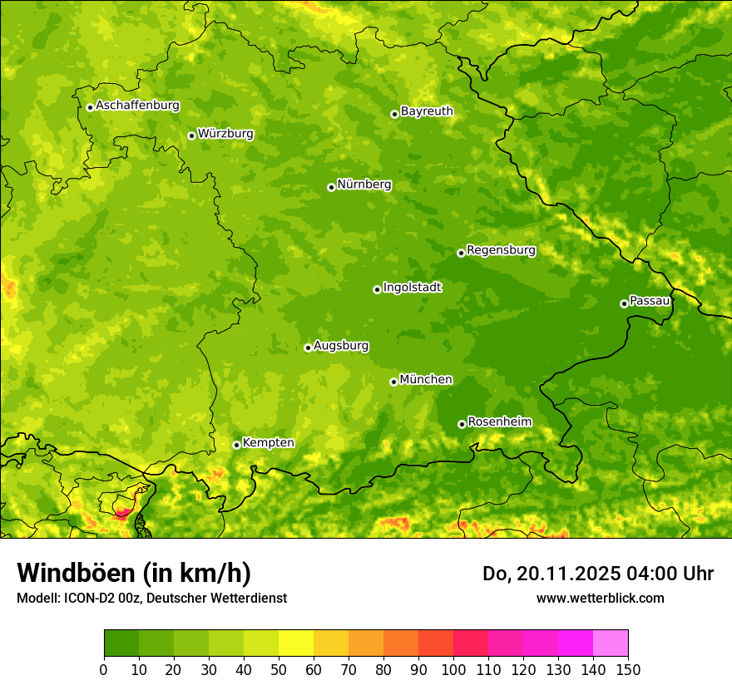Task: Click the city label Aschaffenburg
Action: click(137, 106)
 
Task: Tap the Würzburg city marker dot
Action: click(191, 136)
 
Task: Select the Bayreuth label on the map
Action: click(427, 111)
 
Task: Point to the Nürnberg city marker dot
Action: click(331, 187)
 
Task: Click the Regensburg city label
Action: click(501, 250)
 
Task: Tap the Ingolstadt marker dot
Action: click(377, 289)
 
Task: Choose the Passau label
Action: click(650, 301)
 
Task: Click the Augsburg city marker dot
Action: click(308, 347)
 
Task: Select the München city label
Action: click(426, 380)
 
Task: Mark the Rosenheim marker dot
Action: click(462, 424)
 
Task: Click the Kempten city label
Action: click(268, 443)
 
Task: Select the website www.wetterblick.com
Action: click(600, 598)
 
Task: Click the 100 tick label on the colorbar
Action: click(453, 669)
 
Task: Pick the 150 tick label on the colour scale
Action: click(628, 669)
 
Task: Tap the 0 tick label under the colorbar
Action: click(104, 669)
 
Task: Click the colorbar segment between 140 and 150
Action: click(611, 643)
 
